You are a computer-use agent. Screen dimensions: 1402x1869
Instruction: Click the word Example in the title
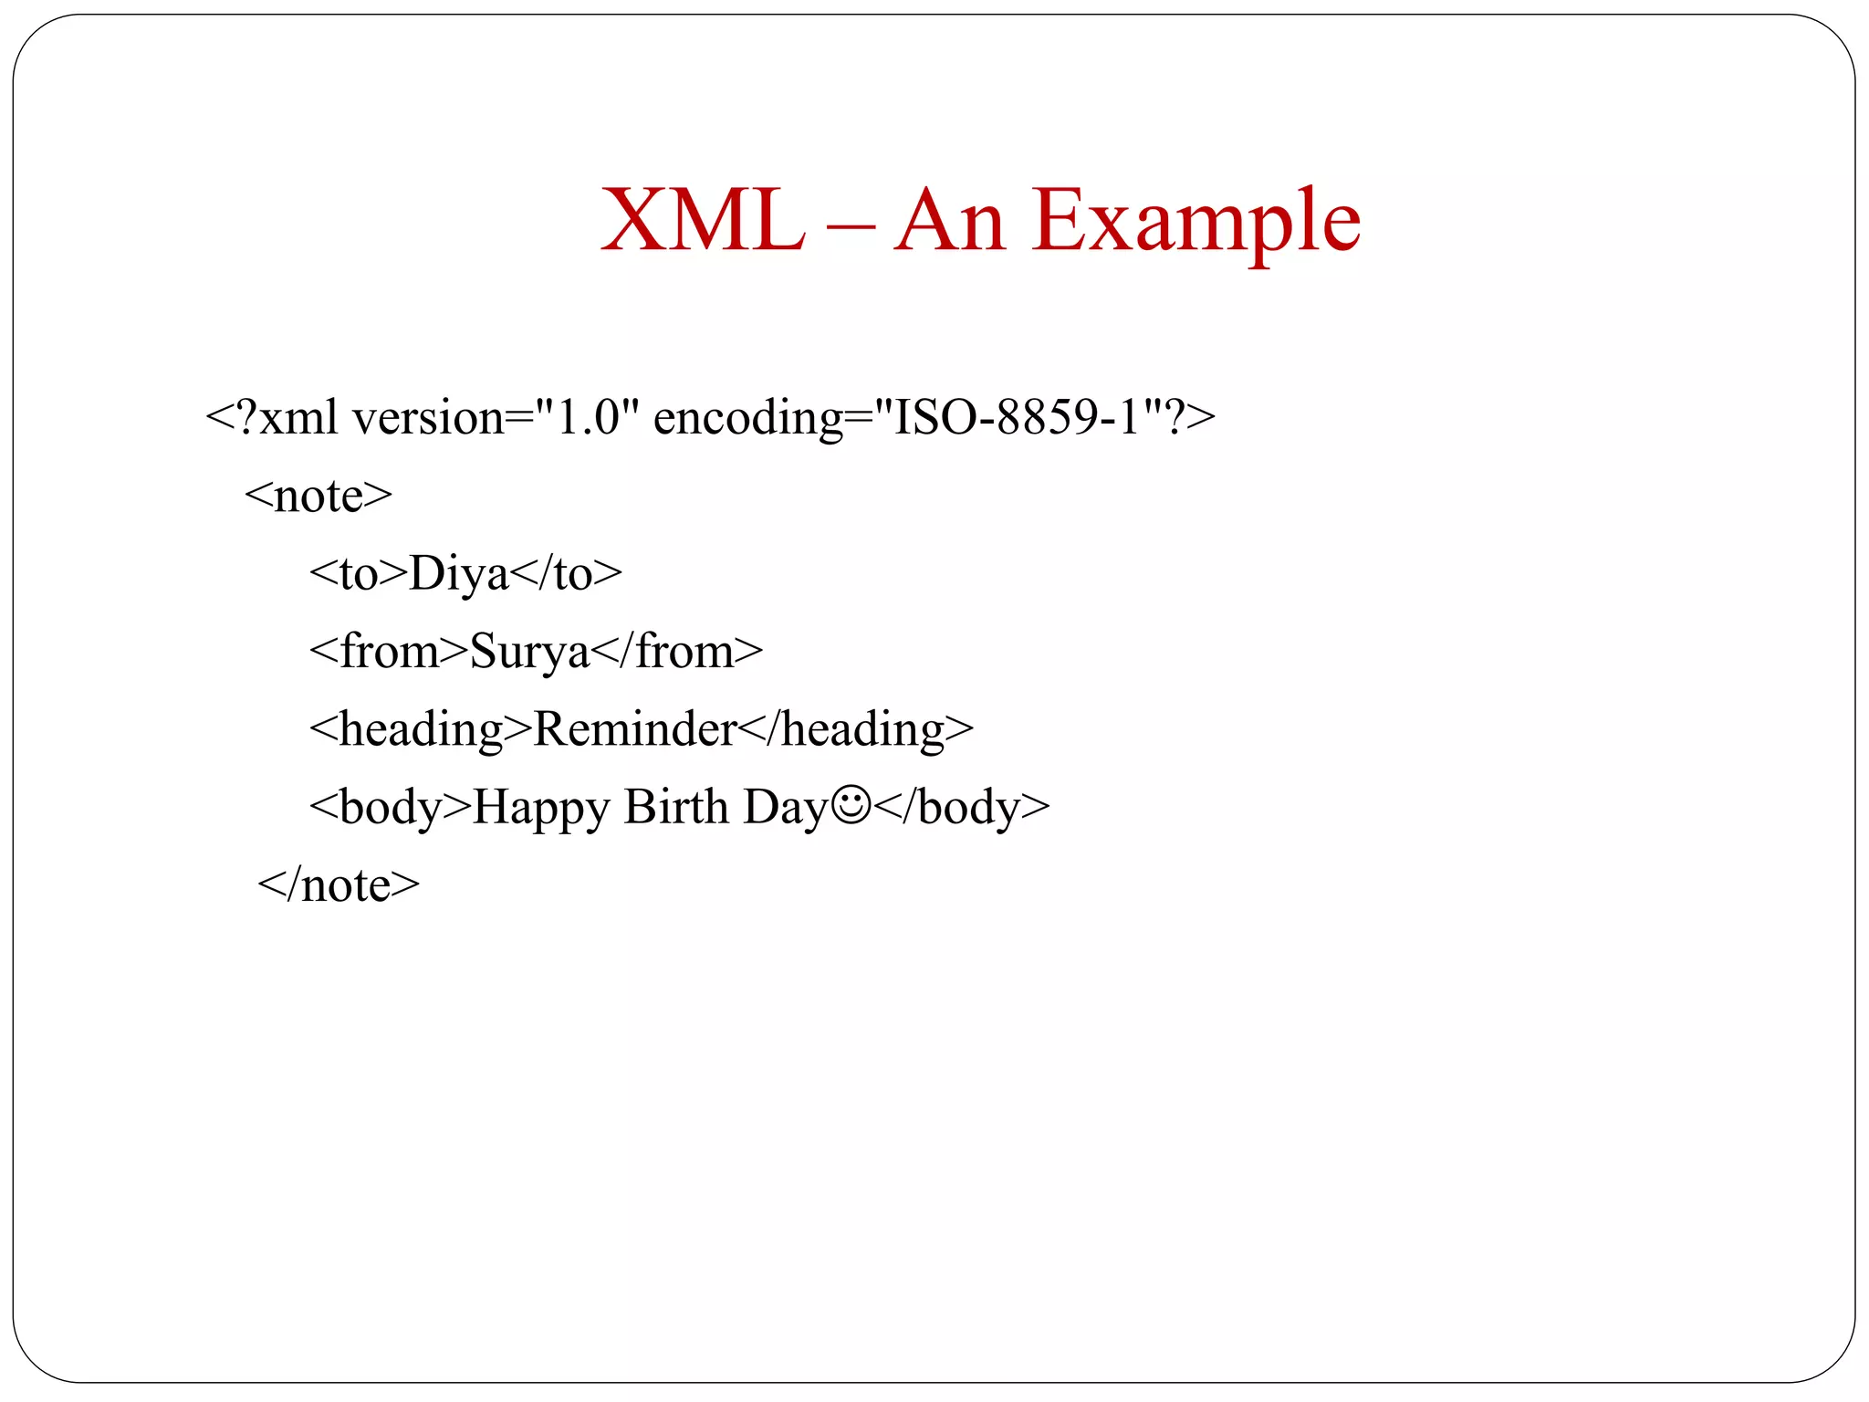pos(1196,222)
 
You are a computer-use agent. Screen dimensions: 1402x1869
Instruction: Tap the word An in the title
pos(950,222)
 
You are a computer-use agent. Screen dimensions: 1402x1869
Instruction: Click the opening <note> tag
pos(318,497)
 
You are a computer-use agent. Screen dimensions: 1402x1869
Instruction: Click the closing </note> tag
pos(339,885)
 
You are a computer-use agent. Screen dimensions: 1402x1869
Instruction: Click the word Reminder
pos(635,729)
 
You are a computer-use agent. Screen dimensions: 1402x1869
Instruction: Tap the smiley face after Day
pos(851,805)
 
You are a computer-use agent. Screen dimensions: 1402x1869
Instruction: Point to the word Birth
pos(676,807)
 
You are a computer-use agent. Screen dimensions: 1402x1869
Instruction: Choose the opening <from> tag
pos(389,652)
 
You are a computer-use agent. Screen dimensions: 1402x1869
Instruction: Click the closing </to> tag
pos(566,574)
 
